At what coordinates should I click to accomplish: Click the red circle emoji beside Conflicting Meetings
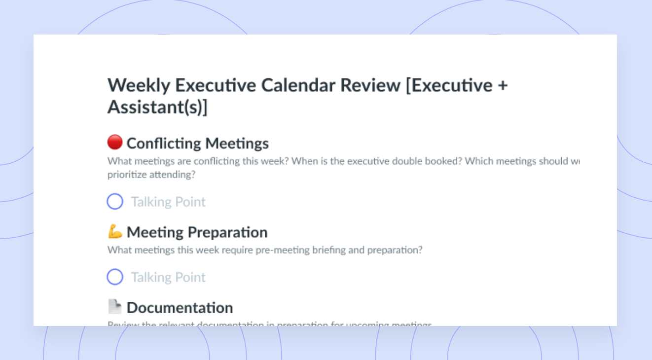[x=114, y=143]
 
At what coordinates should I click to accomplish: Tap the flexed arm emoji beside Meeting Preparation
[x=114, y=231]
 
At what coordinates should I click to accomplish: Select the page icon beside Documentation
[x=114, y=307]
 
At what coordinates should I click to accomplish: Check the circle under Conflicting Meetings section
[x=115, y=202]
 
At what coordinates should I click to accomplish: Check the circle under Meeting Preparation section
[x=115, y=277]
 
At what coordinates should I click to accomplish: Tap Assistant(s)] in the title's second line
[x=157, y=108]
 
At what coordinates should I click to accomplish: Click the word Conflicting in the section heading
[x=164, y=144]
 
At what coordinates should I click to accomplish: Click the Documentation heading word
[x=180, y=308]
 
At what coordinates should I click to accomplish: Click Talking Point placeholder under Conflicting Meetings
[x=168, y=202]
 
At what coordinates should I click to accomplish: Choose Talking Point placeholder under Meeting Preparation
[x=168, y=277]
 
